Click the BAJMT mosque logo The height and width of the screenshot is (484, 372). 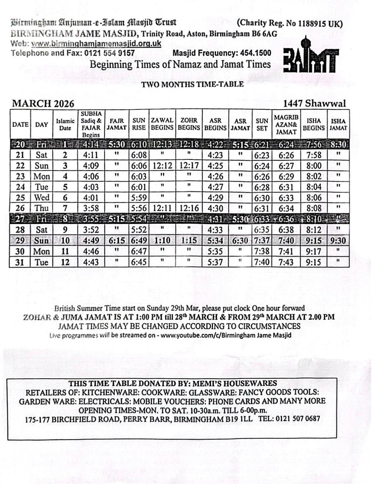pyautogui.click(x=311, y=57)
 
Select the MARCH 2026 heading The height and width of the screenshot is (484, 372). pyautogui.click(x=43, y=104)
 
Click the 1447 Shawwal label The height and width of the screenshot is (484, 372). pyautogui.click(x=314, y=103)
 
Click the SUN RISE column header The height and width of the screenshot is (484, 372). pyautogui.click(x=139, y=124)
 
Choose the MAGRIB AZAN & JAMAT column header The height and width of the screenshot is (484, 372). pyautogui.click(x=286, y=124)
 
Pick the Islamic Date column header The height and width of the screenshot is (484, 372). pyautogui.click(x=65, y=124)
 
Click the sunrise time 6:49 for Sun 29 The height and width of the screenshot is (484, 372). pyautogui.click(x=139, y=241)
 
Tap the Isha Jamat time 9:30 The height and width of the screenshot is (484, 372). pyautogui.click(x=338, y=241)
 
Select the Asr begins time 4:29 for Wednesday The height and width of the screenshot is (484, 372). pyautogui.click(x=215, y=198)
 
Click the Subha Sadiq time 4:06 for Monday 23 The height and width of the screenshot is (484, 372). pyautogui.click(x=91, y=176)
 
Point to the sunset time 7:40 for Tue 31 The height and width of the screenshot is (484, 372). pyautogui.click(x=262, y=262)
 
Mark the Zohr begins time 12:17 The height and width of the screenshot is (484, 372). pyautogui.click(x=189, y=166)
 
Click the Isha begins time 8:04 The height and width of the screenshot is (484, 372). pyautogui.click(x=313, y=187)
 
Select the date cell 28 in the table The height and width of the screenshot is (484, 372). pyautogui.click(x=20, y=230)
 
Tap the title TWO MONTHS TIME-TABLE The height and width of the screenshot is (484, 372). pyautogui.click(x=192, y=84)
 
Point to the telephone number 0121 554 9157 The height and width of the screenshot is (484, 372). pyautogui.click(x=109, y=53)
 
